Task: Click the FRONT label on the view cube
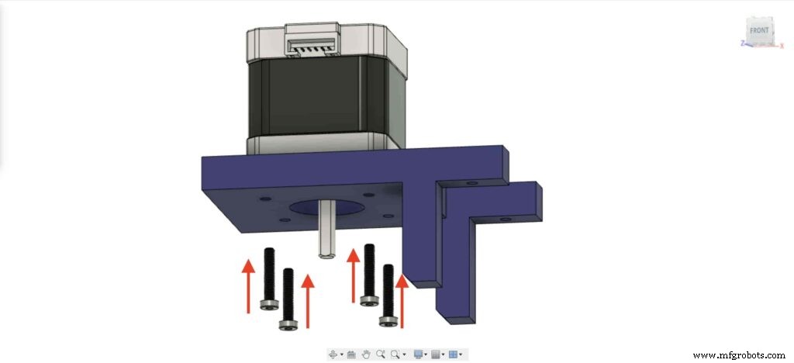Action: click(759, 30)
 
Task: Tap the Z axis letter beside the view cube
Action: click(742, 43)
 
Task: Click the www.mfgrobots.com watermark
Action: click(739, 355)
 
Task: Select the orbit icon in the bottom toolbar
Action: click(333, 354)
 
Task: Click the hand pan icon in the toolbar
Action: click(366, 354)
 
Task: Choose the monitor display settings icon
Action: click(418, 354)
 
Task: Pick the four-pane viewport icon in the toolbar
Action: click(453, 354)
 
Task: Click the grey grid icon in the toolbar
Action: click(436, 354)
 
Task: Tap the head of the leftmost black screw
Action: click(269, 304)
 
